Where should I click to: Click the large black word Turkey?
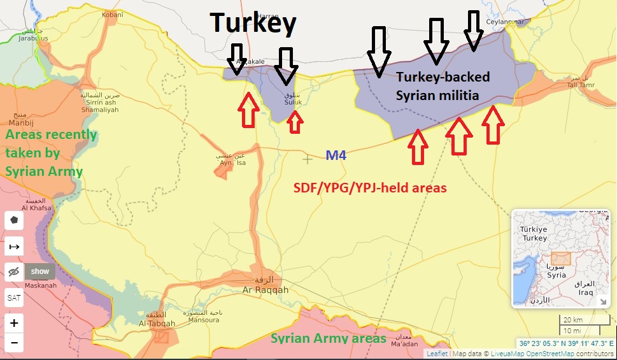click(x=253, y=24)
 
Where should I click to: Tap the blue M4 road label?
click(x=336, y=155)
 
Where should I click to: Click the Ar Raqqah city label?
click(x=266, y=290)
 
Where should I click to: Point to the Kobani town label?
click(x=112, y=13)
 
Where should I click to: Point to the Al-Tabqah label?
click(x=157, y=323)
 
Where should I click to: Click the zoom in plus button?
click(x=14, y=323)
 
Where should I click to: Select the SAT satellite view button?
click(x=14, y=298)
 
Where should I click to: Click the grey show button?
click(x=40, y=271)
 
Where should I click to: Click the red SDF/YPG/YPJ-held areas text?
click(x=370, y=188)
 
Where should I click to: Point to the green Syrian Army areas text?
click(x=329, y=338)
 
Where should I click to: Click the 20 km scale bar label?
click(x=573, y=320)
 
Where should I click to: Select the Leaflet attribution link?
click(x=437, y=354)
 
